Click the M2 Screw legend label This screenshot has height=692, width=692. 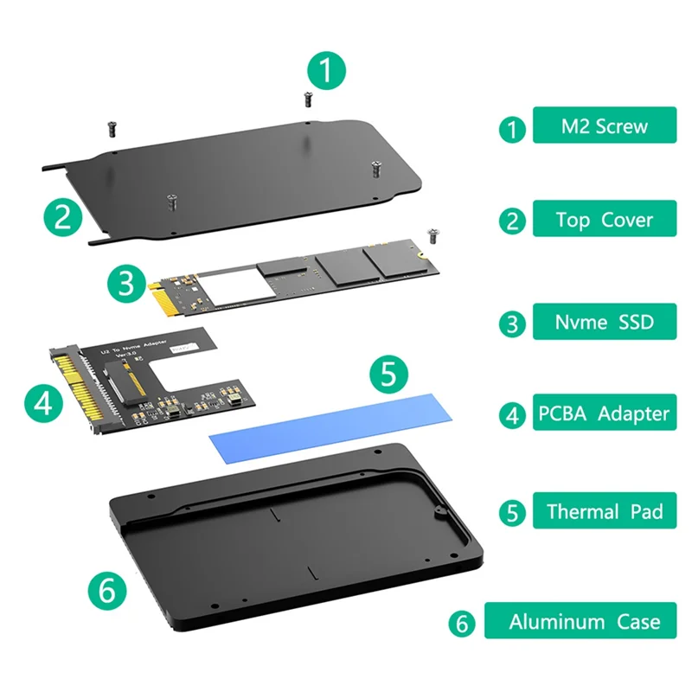click(603, 126)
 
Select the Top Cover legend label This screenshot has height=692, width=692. click(603, 220)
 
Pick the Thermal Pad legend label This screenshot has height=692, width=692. click(604, 511)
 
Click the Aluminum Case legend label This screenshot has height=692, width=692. click(584, 621)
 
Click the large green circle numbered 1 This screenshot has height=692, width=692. click(326, 71)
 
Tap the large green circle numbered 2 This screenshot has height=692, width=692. click(62, 215)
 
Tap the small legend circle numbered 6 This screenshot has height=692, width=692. click(462, 623)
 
